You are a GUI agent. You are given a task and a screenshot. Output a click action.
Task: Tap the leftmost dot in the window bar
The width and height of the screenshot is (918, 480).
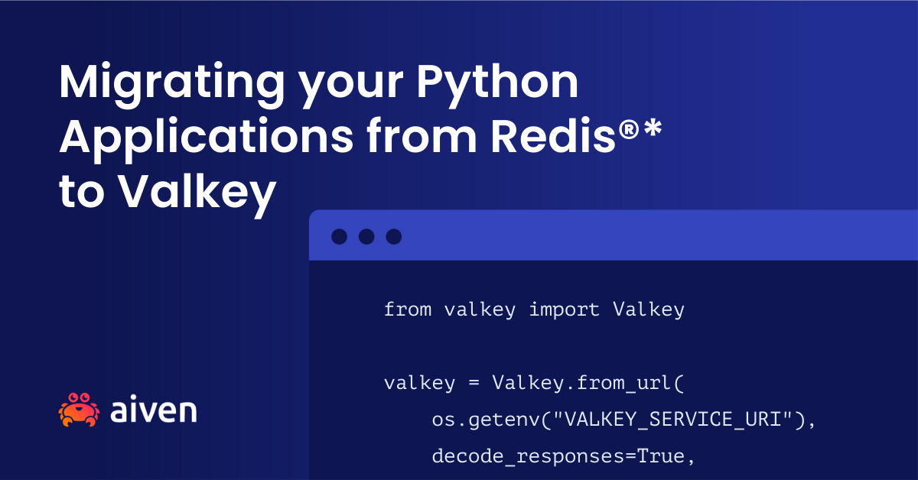pos(339,236)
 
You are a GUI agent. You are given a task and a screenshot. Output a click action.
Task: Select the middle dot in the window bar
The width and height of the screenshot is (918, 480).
pos(366,236)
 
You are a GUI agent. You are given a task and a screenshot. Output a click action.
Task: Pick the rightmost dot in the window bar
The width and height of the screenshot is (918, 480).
pos(393,236)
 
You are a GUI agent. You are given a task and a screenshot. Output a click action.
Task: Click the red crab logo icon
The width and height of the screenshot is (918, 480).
pos(79,410)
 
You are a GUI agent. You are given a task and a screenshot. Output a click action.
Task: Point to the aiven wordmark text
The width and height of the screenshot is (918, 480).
pos(153,410)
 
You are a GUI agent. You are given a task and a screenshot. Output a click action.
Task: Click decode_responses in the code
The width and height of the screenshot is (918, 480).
pos(510,456)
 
